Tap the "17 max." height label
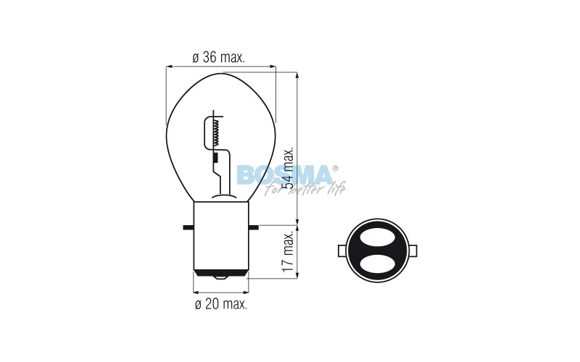(x=288, y=251)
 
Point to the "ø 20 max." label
(x=221, y=304)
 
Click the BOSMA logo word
(x=283, y=174)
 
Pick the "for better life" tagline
(x=304, y=189)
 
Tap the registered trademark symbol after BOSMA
(x=334, y=168)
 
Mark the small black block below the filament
(x=215, y=156)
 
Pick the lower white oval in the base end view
(x=377, y=264)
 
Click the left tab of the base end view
(x=342, y=251)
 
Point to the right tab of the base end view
(x=412, y=251)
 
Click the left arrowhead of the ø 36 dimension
(x=170, y=67)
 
